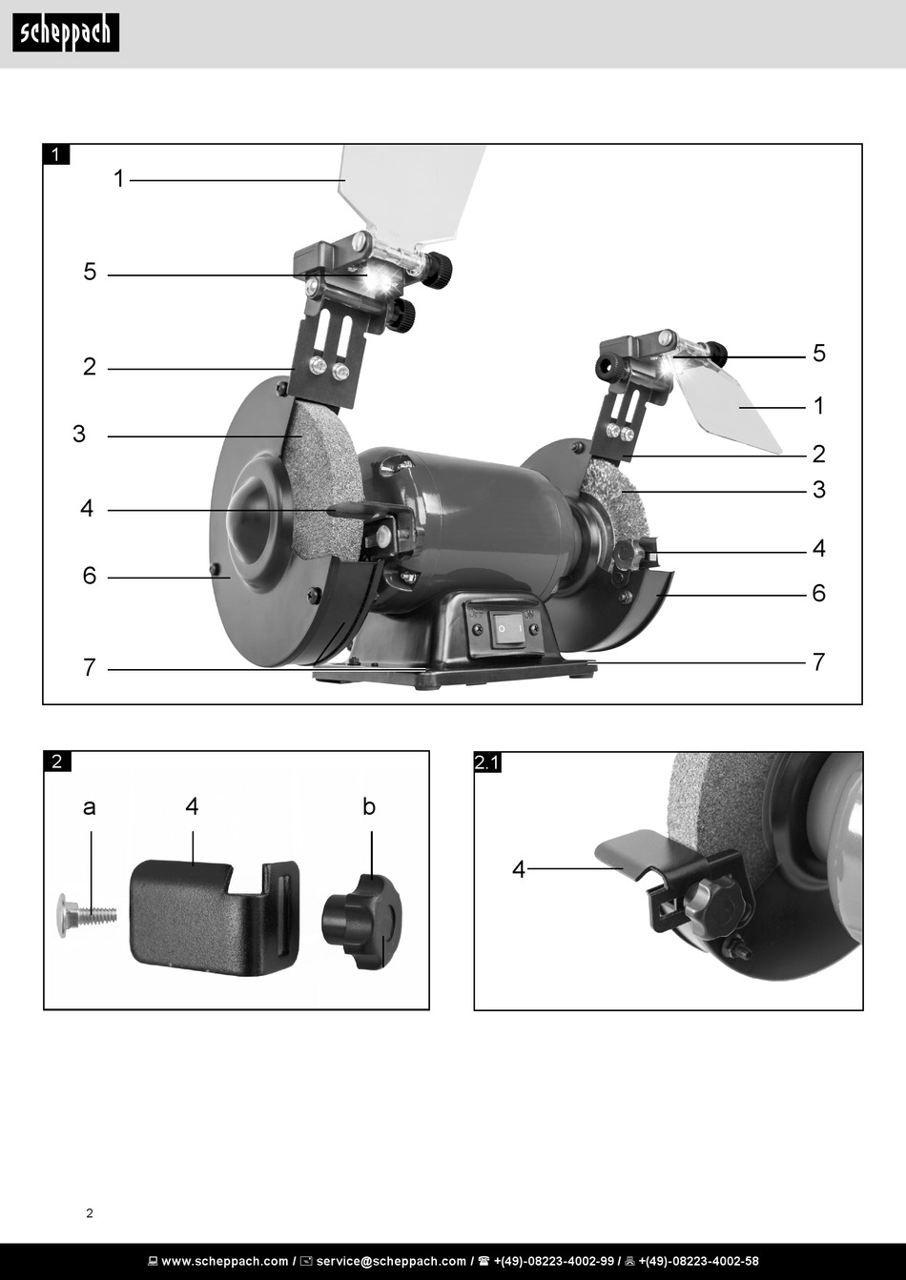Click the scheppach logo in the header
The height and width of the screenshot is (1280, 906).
pos(66,32)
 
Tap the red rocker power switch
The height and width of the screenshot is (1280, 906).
pos(509,629)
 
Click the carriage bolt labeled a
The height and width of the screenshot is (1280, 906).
pos(88,915)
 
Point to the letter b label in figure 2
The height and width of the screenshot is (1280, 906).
pos(369,806)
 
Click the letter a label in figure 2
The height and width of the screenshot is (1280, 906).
pos(90,807)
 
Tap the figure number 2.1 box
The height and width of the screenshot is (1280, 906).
pos(487,762)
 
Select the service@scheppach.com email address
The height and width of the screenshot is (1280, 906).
pos(391,1261)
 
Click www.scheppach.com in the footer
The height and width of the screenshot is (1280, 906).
pos(225,1261)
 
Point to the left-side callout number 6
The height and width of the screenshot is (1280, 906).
pos(90,576)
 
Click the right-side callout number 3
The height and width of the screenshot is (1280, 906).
pos(818,490)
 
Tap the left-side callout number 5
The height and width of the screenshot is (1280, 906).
pos(90,272)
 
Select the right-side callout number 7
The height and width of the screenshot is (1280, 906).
pos(818,661)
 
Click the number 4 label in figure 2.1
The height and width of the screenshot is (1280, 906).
pos(519,869)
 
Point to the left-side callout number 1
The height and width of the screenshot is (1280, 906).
pos(118,178)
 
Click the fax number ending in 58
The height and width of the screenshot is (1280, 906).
pos(698,1261)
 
